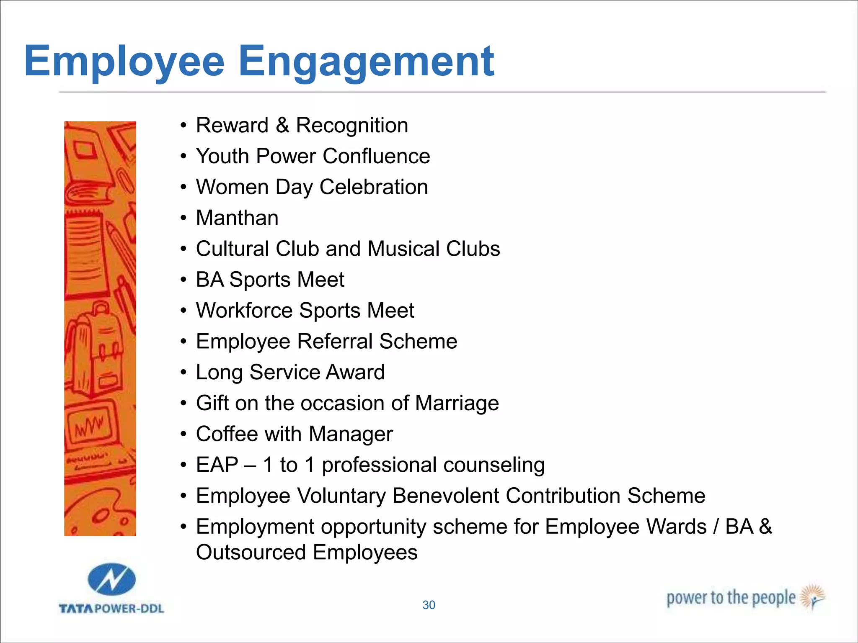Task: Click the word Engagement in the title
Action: point(366,62)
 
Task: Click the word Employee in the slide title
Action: point(124,62)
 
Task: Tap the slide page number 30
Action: point(429,605)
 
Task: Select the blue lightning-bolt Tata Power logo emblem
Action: point(111,579)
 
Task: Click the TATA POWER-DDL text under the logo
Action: point(111,608)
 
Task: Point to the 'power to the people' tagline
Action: point(731,598)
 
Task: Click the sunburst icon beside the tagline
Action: point(813,596)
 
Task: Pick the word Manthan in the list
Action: point(237,218)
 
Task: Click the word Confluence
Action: point(376,156)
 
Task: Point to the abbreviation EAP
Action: point(217,465)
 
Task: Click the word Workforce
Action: point(244,311)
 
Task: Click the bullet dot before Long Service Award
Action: point(183,372)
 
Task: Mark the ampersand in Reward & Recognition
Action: point(282,125)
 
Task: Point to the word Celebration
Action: point(374,187)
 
